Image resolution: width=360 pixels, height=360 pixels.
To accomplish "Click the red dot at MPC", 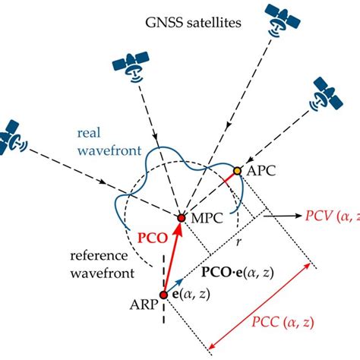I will click(x=181, y=218).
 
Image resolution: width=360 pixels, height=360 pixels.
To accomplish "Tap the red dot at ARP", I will click(x=163, y=295).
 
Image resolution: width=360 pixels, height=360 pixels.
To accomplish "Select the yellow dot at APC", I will click(x=237, y=172).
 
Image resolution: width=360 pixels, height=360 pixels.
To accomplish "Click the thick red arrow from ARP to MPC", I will click(x=172, y=257).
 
